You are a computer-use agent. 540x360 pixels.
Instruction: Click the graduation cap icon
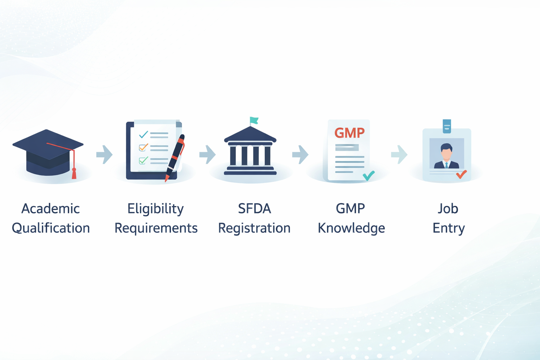click(48, 153)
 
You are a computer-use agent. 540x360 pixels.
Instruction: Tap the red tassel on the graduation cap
click(74, 173)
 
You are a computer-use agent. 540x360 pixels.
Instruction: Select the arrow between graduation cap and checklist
click(104, 154)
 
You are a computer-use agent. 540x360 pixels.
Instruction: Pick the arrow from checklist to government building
click(207, 154)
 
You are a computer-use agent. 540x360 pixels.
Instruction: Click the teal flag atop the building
click(254, 121)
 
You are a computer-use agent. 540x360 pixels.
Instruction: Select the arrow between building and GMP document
click(300, 154)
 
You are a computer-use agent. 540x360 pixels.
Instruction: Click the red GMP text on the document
click(349, 133)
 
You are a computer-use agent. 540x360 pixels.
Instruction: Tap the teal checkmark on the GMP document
click(368, 175)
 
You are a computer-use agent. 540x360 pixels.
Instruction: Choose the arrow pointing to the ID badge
click(399, 154)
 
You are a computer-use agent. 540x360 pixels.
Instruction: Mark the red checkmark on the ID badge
click(461, 174)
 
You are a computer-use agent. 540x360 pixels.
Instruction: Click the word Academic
click(50, 208)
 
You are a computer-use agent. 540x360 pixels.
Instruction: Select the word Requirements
click(156, 228)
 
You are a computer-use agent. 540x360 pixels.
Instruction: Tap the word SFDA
click(254, 208)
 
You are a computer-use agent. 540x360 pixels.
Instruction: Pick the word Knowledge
click(351, 228)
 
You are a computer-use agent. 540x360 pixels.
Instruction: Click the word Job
click(448, 208)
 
